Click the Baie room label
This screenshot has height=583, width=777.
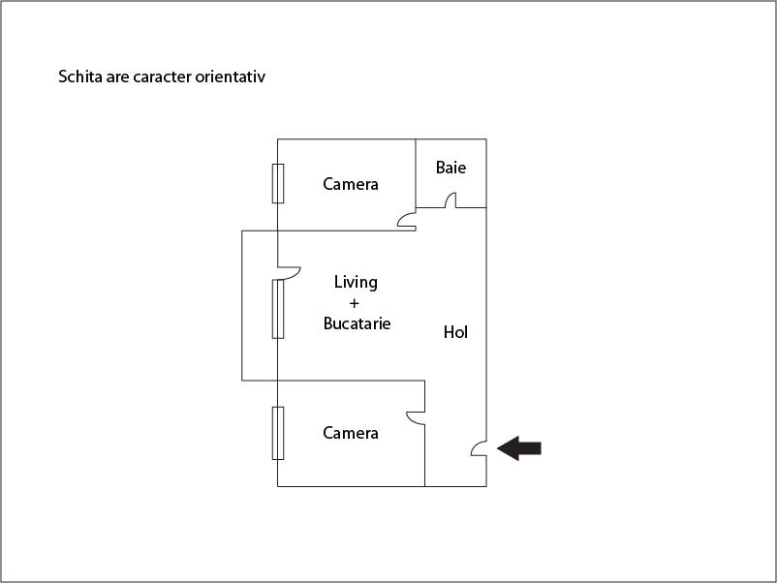(451, 168)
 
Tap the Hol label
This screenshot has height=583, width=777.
(455, 332)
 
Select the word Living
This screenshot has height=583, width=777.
(356, 283)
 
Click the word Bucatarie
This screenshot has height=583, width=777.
(357, 323)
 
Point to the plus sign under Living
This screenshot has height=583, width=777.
(354, 303)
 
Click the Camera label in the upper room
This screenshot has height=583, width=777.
(351, 184)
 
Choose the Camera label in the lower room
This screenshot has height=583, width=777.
(351, 433)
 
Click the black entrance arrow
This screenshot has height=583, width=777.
(519, 448)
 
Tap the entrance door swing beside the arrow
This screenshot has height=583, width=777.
(479, 448)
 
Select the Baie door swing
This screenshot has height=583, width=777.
(451, 200)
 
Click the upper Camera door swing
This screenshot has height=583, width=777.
(407, 221)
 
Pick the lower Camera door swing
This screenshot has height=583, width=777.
(416, 418)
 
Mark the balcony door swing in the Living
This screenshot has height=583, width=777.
(290, 273)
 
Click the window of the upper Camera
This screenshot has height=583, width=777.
(278, 183)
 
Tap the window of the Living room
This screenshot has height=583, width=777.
(278, 309)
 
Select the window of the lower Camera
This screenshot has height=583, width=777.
(278, 434)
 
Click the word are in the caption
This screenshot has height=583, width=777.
(117, 77)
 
